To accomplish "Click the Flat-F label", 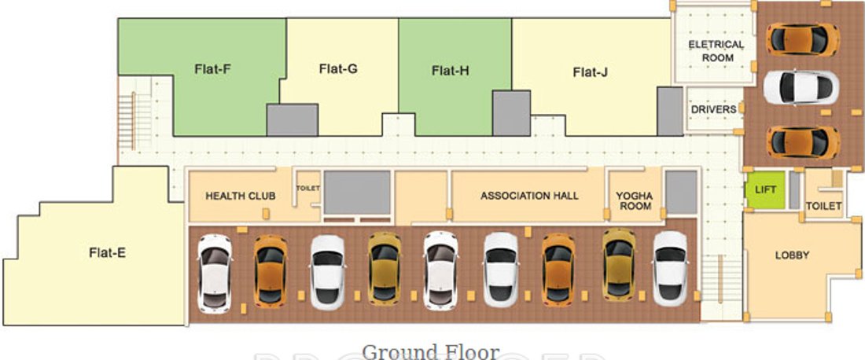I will (x=212, y=68).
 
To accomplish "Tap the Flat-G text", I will (x=338, y=68).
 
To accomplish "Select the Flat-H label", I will (x=450, y=71).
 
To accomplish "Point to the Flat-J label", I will (x=590, y=72).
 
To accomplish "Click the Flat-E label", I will (x=108, y=252).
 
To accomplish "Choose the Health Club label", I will (x=240, y=195).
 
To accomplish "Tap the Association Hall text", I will (x=529, y=195).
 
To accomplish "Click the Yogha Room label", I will (x=634, y=200).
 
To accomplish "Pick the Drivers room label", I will (x=713, y=109).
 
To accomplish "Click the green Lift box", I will (x=765, y=190).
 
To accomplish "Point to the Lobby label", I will (x=792, y=255).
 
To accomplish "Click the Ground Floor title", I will (x=430, y=351).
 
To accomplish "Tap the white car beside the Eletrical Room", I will (x=801, y=87).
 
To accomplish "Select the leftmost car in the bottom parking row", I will (x=215, y=273).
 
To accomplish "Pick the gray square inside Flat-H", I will (x=511, y=112).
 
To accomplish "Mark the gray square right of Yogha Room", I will (x=681, y=192).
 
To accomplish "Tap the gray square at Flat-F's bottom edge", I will (x=293, y=119).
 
